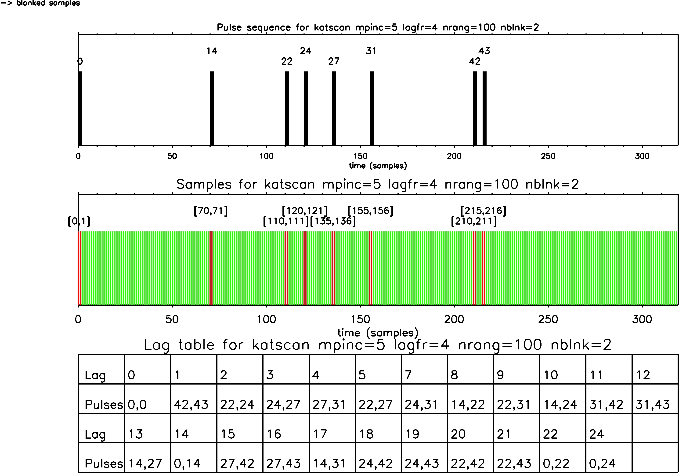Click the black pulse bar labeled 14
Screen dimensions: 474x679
click(x=212, y=108)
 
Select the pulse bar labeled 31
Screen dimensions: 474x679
click(x=372, y=108)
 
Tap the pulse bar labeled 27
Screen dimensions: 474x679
click(x=334, y=108)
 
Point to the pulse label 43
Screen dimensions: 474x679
click(x=484, y=51)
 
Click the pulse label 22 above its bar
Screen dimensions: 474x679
click(x=287, y=61)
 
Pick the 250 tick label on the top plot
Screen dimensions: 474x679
click(x=548, y=156)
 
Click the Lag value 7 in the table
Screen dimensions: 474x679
click(x=408, y=375)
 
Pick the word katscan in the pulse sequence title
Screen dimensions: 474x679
click(x=332, y=27)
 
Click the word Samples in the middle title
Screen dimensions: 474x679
click(x=204, y=184)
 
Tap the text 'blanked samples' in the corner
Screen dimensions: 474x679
click(x=48, y=3)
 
